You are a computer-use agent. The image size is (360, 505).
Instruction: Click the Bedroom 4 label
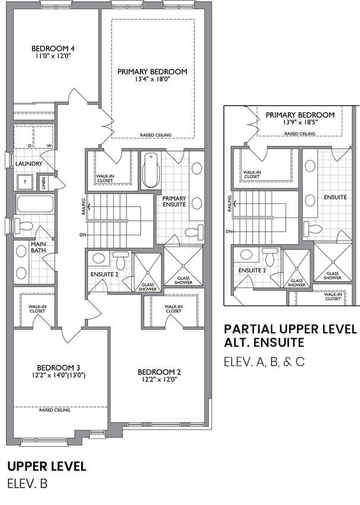53,49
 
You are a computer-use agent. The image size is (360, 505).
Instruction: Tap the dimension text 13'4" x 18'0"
152,79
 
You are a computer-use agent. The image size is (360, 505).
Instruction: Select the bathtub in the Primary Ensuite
151,171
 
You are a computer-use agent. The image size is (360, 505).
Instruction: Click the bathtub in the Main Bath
35,204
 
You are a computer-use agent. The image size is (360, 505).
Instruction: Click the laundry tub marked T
26,182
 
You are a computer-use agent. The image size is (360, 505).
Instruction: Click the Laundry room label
29,164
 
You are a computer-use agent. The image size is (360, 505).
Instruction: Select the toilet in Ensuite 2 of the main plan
121,260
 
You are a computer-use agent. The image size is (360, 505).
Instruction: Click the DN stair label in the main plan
83,235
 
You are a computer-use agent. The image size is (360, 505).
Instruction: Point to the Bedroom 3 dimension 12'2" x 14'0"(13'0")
59,375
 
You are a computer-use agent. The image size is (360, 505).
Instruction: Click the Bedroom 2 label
159,373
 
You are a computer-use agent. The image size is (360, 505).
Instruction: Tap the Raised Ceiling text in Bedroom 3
55,411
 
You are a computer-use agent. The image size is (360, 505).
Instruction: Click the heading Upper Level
47,466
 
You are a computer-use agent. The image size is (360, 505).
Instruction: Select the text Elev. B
27,484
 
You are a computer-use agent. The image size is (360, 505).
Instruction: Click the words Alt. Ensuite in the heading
264,342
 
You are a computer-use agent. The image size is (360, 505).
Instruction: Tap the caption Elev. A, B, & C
264,362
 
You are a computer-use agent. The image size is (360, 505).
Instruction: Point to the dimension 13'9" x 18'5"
300,122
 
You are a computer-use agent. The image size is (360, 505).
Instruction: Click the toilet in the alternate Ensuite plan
312,228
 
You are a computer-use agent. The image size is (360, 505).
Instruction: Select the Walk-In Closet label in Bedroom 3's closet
37,309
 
